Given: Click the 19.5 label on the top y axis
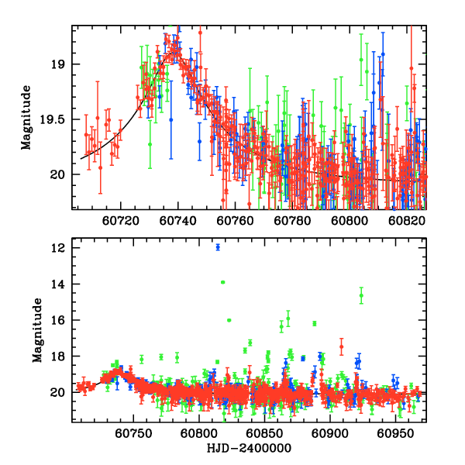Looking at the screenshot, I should coord(57,119).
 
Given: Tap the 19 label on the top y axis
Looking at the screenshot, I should coord(62,64).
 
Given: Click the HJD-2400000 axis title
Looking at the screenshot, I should coord(248,448).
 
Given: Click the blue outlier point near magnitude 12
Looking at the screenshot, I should coord(218,247).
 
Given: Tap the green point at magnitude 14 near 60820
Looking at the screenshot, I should coord(223,282).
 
